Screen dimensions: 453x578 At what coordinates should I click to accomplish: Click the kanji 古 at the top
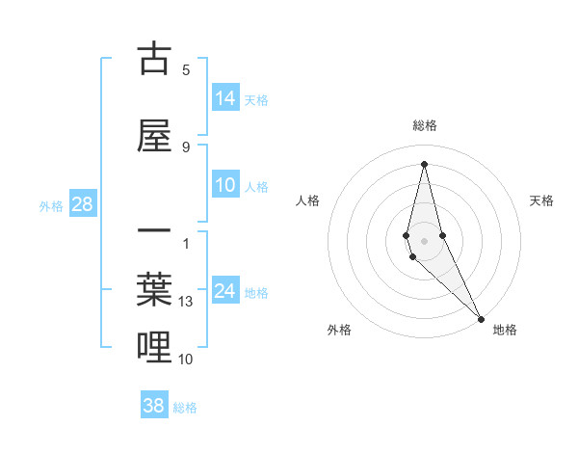(154, 59)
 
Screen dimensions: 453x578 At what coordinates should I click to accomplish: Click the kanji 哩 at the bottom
(154, 348)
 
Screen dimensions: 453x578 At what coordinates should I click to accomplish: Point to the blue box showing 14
(225, 98)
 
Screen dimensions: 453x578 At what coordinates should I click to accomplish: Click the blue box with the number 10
(225, 186)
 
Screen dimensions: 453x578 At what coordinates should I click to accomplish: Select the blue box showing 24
(225, 292)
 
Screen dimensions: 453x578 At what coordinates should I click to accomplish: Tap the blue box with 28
(82, 204)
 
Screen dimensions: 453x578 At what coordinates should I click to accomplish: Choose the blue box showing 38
(154, 406)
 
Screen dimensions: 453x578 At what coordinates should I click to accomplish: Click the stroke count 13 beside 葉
(186, 302)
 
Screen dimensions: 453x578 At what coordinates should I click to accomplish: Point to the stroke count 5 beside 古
(186, 69)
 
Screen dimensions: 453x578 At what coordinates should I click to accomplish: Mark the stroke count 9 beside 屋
(186, 147)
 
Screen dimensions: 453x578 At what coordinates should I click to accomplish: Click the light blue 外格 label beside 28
(51, 205)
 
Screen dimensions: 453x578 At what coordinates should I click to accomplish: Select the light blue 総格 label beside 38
(185, 407)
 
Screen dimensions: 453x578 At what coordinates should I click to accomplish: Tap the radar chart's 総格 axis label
(425, 125)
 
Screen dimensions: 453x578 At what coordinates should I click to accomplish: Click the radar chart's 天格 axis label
(541, 200)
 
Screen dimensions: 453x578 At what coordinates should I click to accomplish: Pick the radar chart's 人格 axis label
(308, 200)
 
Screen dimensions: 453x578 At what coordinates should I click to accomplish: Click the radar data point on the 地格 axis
(481, 318)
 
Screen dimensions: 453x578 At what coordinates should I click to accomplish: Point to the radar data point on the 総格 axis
(424, 163)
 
